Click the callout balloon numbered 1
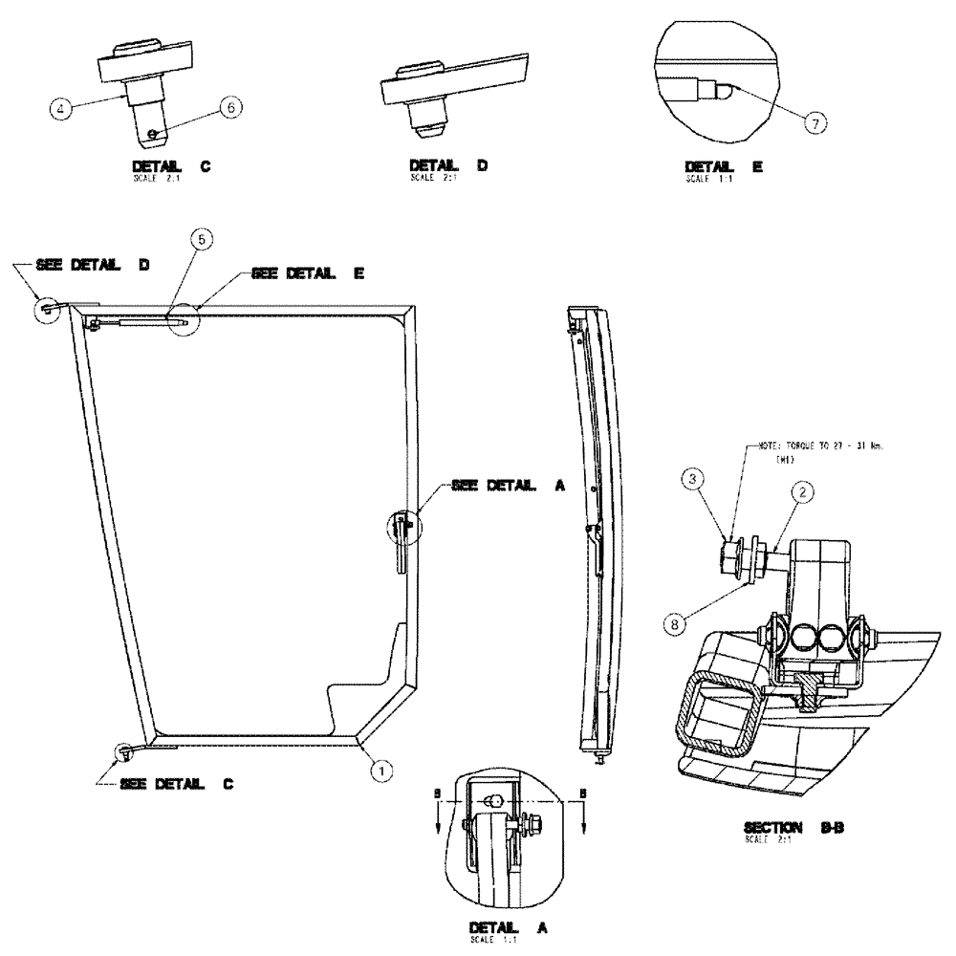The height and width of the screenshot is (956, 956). (x=380, y=767)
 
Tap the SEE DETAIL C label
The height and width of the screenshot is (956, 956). (x=178, y=784)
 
